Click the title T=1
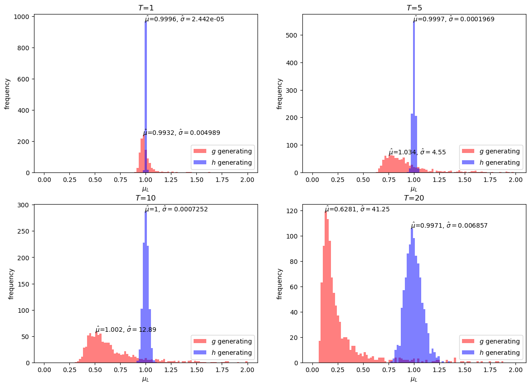146,7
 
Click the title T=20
414,198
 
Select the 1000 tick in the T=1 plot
24,17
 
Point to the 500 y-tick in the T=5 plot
293,35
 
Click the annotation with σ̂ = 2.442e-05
185,19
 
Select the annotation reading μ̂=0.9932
181,133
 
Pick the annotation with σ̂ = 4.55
417,152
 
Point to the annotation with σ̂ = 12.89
126,330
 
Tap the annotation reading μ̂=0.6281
357,209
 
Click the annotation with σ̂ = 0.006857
449,225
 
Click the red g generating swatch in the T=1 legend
200,151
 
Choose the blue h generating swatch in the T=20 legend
468,353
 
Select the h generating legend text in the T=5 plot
500,162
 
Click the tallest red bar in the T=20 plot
326,287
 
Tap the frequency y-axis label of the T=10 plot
11,284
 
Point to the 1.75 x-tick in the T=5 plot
490,180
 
